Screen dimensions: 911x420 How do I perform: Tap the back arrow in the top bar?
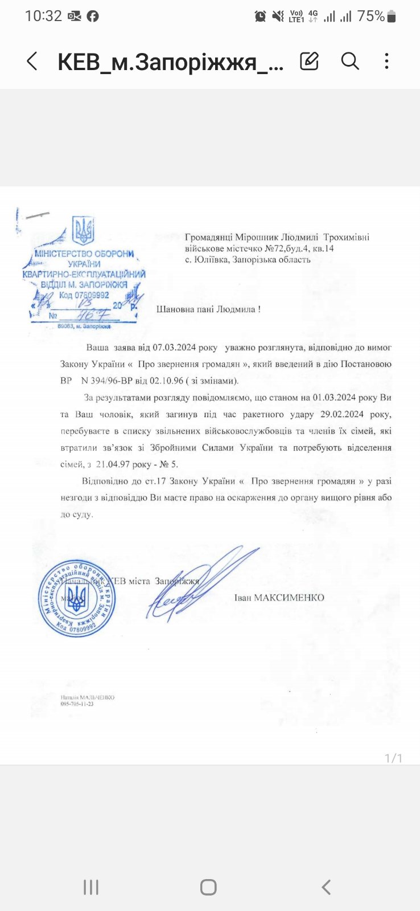32,61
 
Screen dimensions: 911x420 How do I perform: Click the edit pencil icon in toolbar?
309,61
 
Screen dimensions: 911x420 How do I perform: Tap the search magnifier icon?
350,61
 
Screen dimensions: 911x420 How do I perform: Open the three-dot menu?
386,61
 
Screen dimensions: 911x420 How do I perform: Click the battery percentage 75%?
371,16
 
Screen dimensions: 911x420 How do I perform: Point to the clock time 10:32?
43,16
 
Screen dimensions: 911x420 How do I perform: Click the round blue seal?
77,598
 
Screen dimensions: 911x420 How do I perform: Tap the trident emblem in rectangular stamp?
84,231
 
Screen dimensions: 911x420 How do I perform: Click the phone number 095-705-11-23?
77,704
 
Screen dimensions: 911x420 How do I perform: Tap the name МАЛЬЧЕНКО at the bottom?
97,697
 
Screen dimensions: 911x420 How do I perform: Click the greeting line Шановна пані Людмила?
209,309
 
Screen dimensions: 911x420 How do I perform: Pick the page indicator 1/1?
393,758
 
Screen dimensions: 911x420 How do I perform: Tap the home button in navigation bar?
208,887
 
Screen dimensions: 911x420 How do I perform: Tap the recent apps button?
91,887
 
